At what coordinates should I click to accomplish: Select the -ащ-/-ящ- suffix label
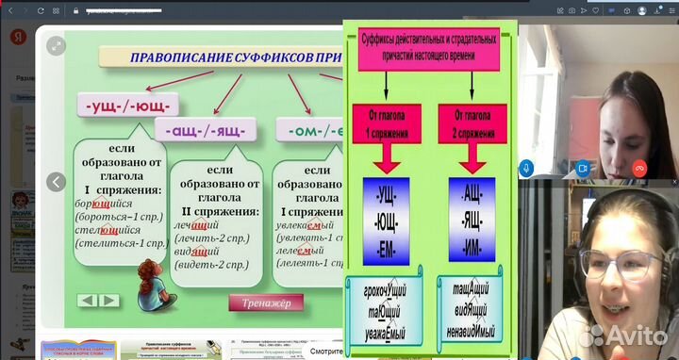[x=199, y=128]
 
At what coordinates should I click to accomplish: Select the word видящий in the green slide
[x=196, y=253]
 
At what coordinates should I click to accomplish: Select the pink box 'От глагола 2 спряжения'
[x=472, y=123]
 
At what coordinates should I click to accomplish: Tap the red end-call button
[x=638, y=167]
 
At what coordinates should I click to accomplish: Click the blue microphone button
[x=526, y=167]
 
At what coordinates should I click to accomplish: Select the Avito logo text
[x=639, y=337]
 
